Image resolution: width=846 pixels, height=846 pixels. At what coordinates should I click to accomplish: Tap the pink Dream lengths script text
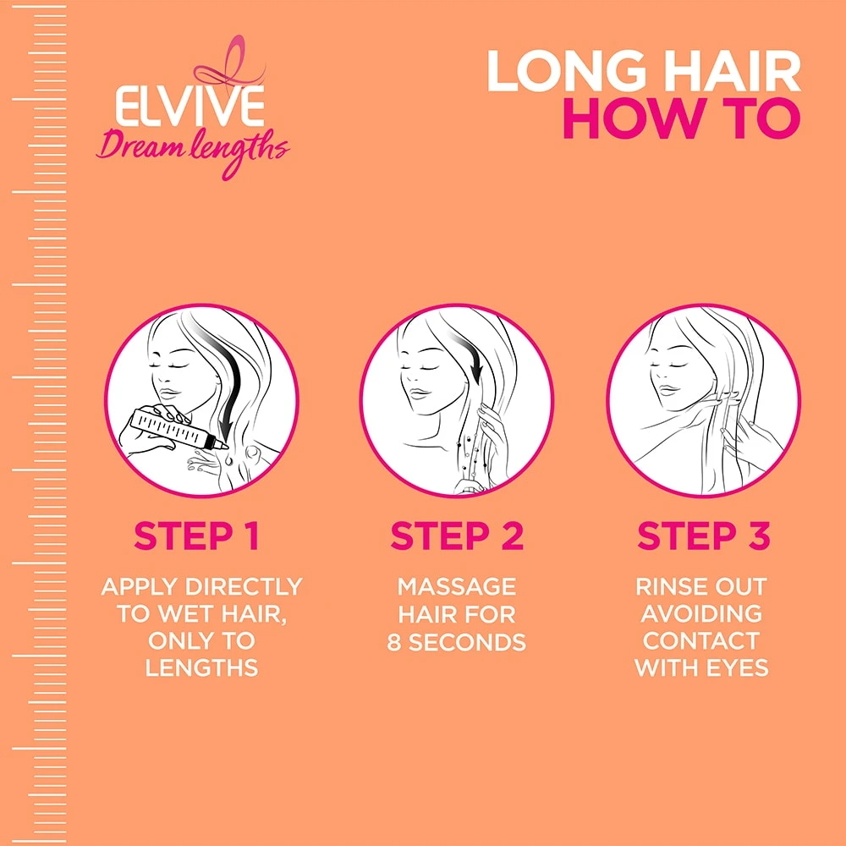click(x=192, y=149)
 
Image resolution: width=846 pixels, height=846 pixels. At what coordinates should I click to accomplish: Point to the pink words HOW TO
click(x=681, y=120)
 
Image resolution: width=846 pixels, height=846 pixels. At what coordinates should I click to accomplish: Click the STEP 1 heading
click(x=197, y=536)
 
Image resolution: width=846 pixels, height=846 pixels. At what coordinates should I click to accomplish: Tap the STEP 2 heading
click(x=457, y=536)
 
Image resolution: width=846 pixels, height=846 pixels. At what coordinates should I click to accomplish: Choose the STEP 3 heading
click(x=703, y=536)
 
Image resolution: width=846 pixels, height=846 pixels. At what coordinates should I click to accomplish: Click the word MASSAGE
click(x=457, y=586)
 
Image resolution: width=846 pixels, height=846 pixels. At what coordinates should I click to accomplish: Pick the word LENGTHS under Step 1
click(x=201, y=667)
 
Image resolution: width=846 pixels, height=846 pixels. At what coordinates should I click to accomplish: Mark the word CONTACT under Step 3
click(x=701, y=640)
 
